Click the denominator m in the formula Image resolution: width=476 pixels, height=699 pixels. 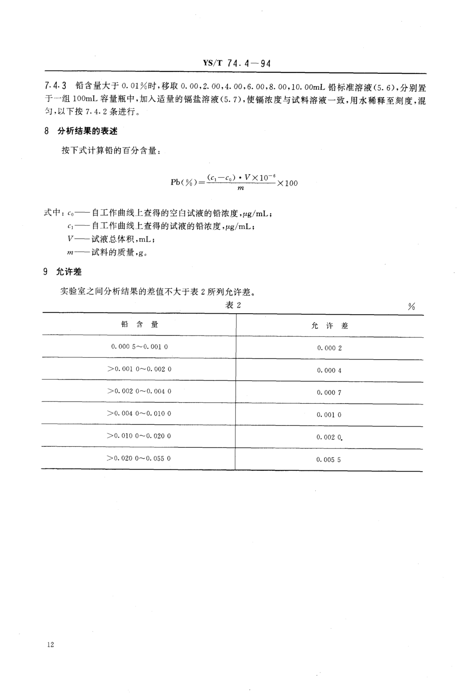coord(241,188)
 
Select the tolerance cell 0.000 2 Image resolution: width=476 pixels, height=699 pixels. coord(329,348)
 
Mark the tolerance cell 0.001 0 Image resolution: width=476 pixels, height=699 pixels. coord(329,415)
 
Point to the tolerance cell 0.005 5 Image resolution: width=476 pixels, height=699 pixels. coord(328,460)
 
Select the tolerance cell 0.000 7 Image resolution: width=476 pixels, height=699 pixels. coord(329,392)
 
